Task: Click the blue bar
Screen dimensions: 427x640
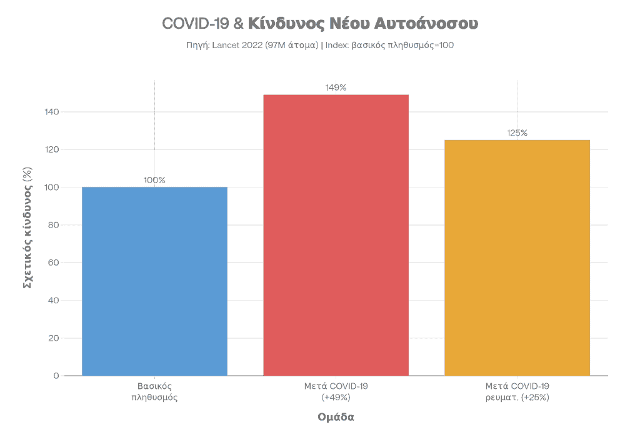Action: pyautogui.click(x=154, y=281)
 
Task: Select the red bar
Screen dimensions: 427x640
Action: pyautogui.click(x=336, y=235)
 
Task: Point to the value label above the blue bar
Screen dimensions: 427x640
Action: pyautogui.click(x=154, y=181)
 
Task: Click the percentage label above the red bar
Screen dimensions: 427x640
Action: pyautogui.click(x=336, y=88)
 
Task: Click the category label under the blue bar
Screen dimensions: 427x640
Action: pyautogui.click(x=154, y=391)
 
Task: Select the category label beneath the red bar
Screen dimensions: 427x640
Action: pyautogui.click(x=336, y=391)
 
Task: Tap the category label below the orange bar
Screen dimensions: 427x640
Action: pyautogui.click(x=517, y=391)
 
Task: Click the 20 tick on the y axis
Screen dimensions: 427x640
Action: pyautogui.click(x=54, y=338)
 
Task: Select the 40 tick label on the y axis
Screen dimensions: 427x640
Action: pyautogui.click(x=54, y=301)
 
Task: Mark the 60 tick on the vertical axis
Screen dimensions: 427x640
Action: pyautogui.click(x=54, y=263)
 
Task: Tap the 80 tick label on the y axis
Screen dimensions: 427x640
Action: pyautogui.click(x=54, y=225)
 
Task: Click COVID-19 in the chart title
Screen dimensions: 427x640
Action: pyautogui.click(x=194, y=24)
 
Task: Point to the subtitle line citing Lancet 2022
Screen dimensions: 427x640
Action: pyautogui.click(x=319, y=46)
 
